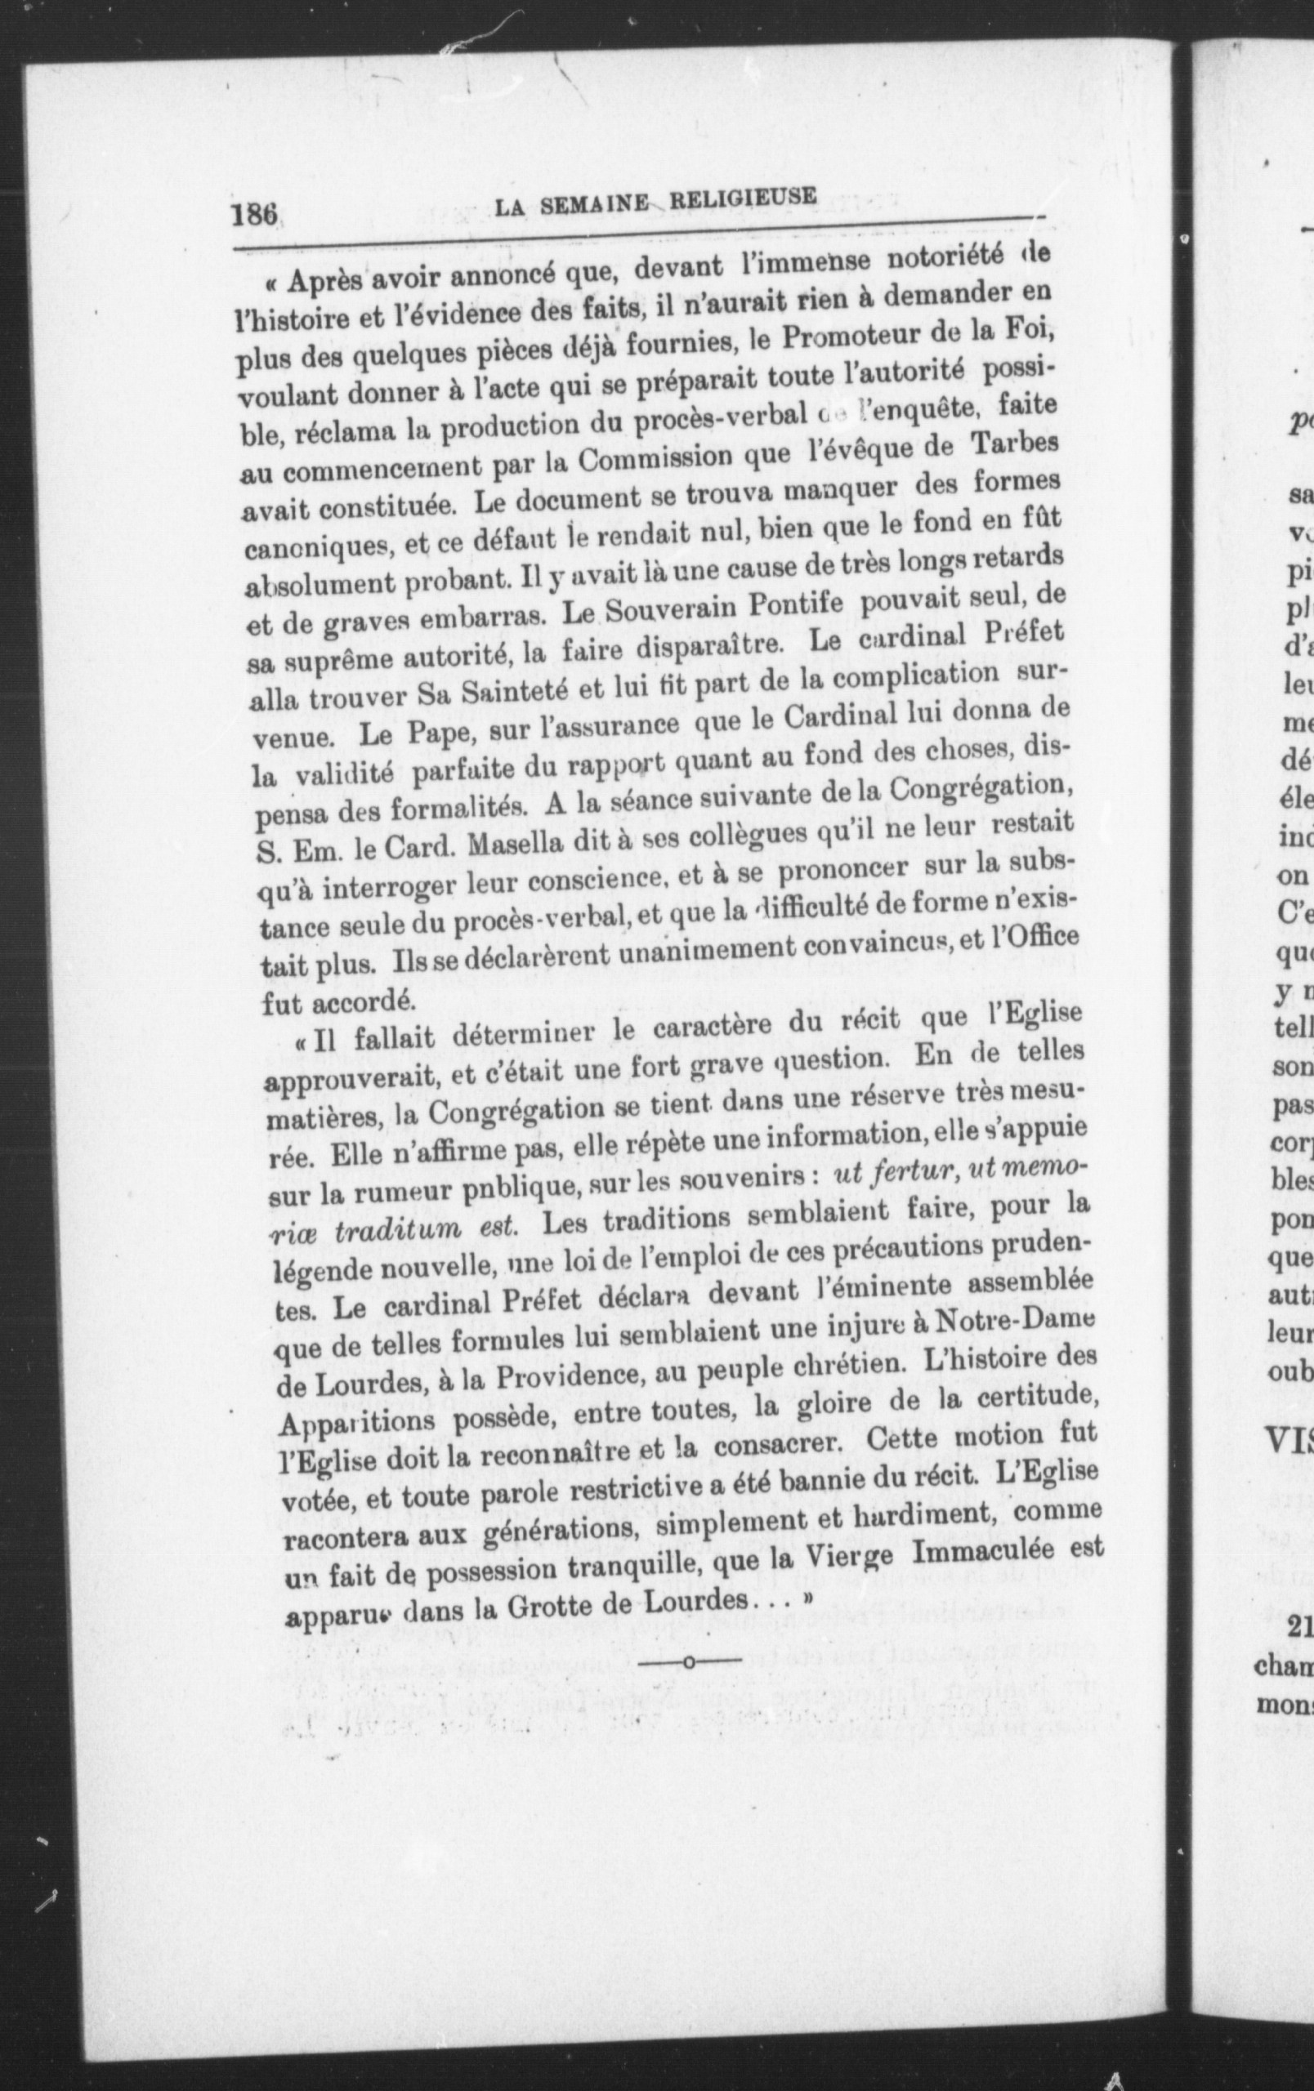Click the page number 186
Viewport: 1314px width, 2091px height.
click(253, 212)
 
